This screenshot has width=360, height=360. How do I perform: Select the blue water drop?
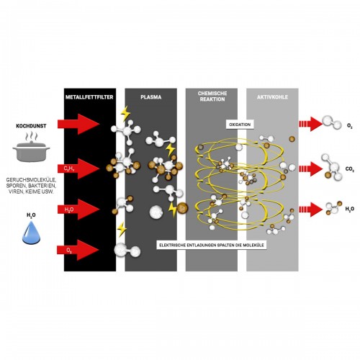click(31, 229)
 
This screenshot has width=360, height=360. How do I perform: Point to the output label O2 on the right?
click(349, 127)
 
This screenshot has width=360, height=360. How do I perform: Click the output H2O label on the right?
click(349, 209)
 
